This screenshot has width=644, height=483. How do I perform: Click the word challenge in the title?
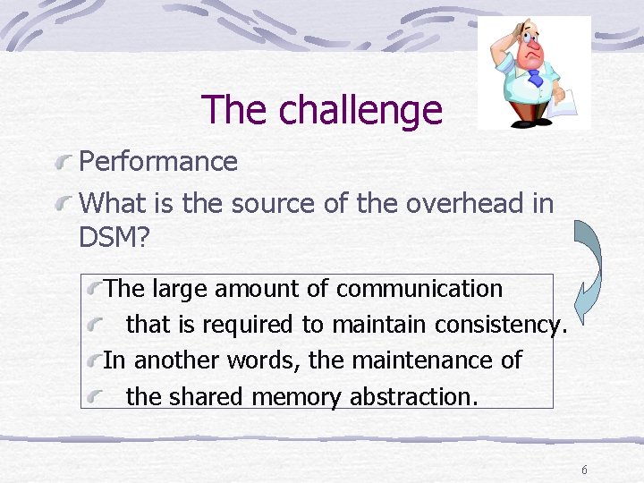(x=360, y=110)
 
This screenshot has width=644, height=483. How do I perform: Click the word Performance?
(x=158, y=162)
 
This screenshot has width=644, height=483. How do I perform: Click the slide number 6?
(x=584, y=470)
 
